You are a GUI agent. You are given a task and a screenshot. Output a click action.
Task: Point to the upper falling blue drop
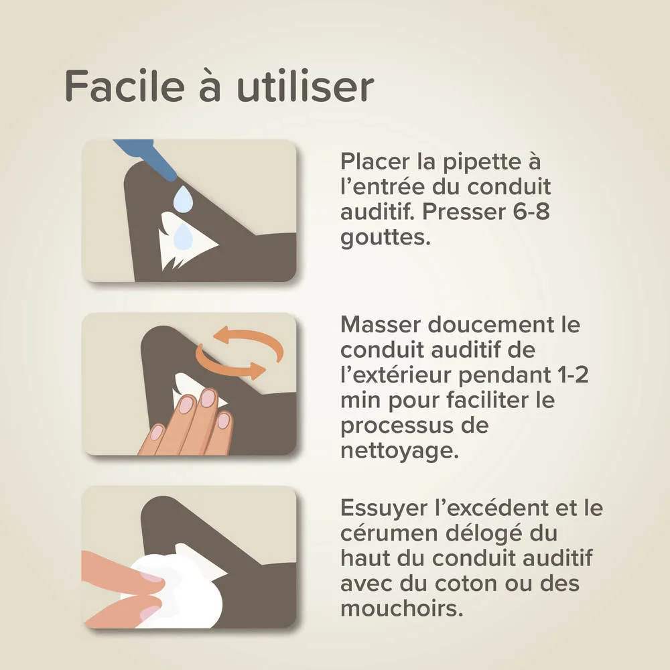[182, 198]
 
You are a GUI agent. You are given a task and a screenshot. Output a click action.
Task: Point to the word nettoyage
[395, 450]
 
